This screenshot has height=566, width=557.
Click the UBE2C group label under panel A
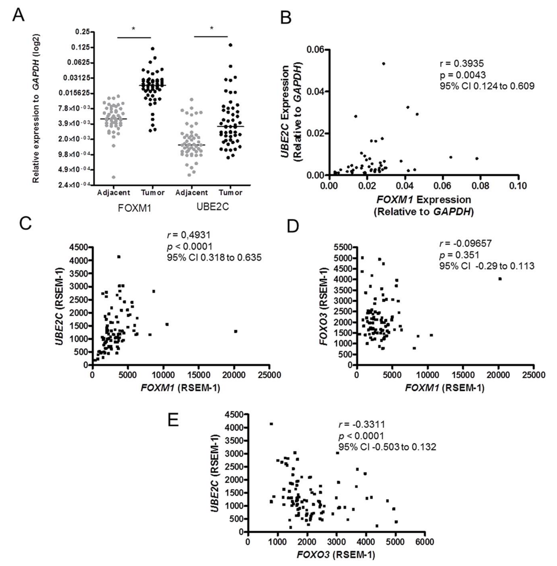pos(213,207)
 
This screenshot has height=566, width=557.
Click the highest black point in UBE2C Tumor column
pos(231,45)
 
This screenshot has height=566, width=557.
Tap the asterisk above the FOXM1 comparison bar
pos(134,29)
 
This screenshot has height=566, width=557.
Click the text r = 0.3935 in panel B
pos(462,63)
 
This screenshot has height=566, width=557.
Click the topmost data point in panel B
pos(383,63)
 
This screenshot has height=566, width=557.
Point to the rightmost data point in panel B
pos(477,158)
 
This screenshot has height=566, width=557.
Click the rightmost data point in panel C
pos(236,331)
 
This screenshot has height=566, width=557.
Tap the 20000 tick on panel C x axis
pos(234,375)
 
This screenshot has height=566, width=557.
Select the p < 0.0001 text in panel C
pos(190,246)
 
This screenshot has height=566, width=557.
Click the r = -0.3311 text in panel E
pos(362,424)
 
